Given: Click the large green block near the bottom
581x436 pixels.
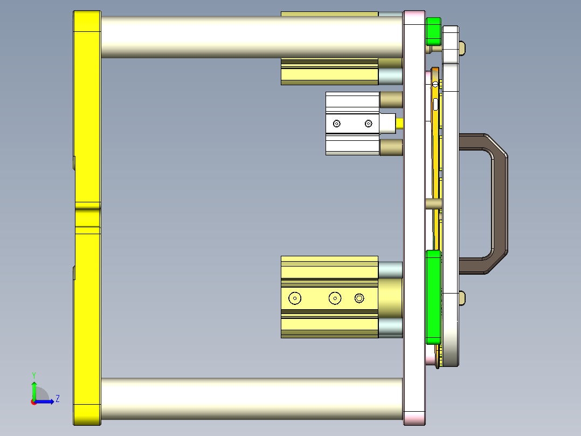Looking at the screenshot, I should (x=433, y=297).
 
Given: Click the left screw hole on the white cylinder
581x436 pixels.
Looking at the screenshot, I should (x=337, y=124).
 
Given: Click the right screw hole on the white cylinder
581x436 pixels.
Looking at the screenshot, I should (x=368, y=124).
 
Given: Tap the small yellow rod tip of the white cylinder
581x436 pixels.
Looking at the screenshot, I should (x=400, y=124).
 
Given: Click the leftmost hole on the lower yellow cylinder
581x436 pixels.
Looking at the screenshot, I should (x=295, y=298).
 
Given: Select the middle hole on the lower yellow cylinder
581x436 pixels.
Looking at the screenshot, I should (x=335, y=298).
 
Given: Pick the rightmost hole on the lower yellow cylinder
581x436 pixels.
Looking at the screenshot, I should (x=359, y=298).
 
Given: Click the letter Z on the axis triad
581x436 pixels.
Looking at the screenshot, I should (x=57, y=399).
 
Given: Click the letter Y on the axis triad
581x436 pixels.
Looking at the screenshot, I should (x=33, y=374).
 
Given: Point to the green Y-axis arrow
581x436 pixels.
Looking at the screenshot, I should (x=34, y=389).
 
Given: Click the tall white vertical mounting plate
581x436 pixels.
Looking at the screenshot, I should (x=414, y=216).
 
